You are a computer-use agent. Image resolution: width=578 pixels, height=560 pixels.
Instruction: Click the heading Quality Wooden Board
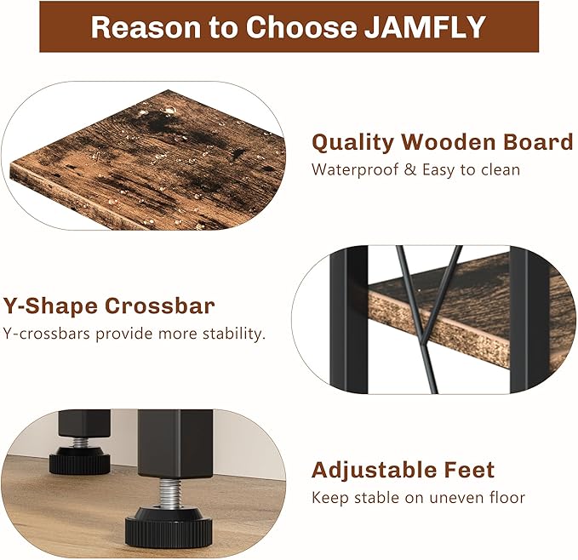coord(442,142)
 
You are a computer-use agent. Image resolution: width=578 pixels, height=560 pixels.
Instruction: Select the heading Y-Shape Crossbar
coord(109,306)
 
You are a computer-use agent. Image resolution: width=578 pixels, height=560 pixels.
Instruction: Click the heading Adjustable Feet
coord(402,470)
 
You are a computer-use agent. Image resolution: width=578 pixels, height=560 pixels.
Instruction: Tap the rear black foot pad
coord(80,462)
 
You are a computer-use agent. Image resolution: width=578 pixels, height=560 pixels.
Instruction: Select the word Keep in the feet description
coord(329,497)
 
